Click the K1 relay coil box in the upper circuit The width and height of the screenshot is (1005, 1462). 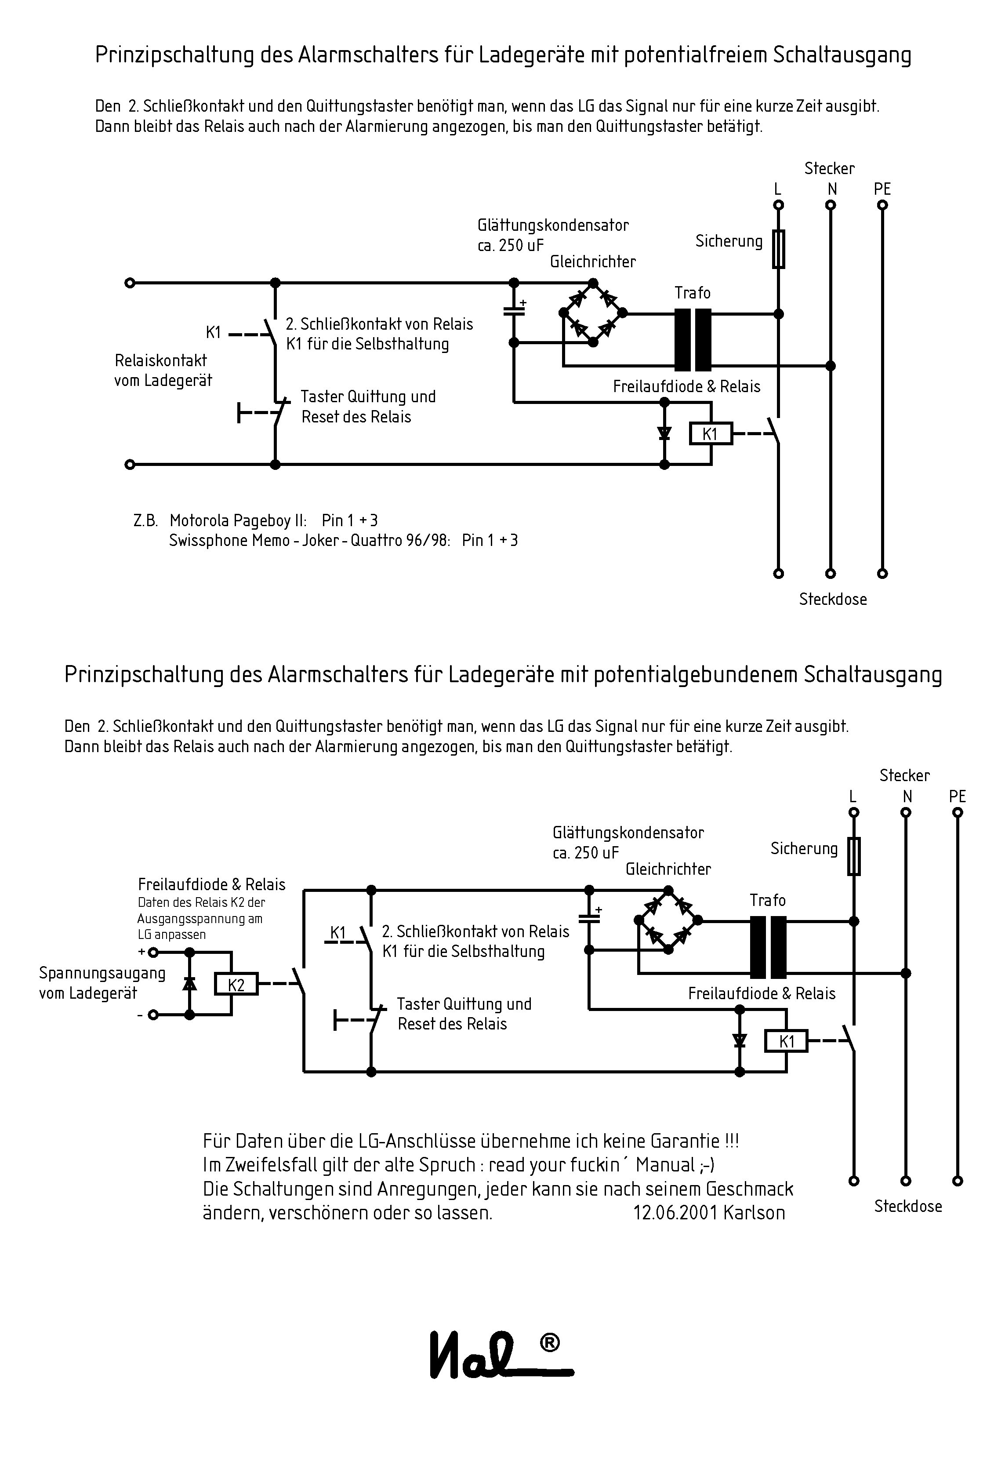(710, 434)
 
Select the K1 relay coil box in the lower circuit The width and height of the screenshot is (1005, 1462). (786, 1041)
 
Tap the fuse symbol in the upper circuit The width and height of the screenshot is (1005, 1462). (779, 249)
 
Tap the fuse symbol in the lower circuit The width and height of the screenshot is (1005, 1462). (854, 857)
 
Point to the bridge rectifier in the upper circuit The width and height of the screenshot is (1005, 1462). (592, 313)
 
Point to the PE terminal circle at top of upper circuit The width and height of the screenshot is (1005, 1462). (883, 205)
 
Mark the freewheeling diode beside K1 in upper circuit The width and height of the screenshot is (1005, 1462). (664, 433)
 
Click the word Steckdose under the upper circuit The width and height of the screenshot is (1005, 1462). (832, 599)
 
